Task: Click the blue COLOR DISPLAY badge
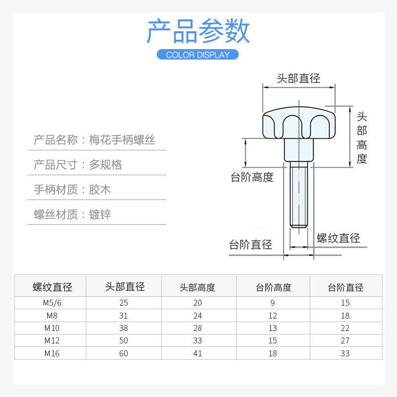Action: (x=198, y=55)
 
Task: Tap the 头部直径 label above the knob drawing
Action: (x=298, y=78)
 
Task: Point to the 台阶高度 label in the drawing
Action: (x=252, y=177)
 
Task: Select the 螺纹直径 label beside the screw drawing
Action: (x=338, y=238)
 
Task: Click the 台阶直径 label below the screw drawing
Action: (x=251, y=245)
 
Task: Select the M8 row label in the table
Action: (x=51, y=316)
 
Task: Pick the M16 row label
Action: (x=51, y=353)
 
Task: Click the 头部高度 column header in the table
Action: (x=198, y=287)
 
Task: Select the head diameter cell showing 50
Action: (x=124, y=341)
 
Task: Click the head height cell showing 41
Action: (x=198, y=353)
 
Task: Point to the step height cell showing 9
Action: (x=272, y=303)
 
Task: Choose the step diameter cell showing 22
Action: (x=345, y=328)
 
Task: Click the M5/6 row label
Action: (x=51, y=303)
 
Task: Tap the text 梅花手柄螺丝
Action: (x=122, y=140)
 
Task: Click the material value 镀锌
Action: (x=100, y=214)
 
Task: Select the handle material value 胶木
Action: (x=100, y=190)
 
